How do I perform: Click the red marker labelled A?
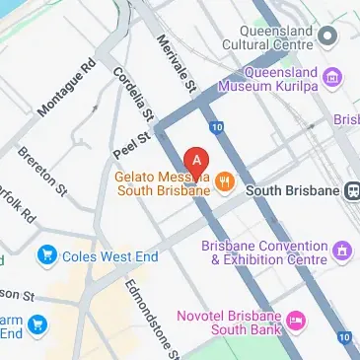click(x=197, y=159)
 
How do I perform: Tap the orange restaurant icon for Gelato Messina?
click(x=225, y=180)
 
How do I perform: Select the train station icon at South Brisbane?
click(x=351, y=190)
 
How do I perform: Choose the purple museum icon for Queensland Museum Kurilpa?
click(x=332, y=78)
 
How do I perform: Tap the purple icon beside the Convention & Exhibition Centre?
click(x=342, y=252)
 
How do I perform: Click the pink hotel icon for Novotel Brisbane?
click(x=295, y=321)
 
